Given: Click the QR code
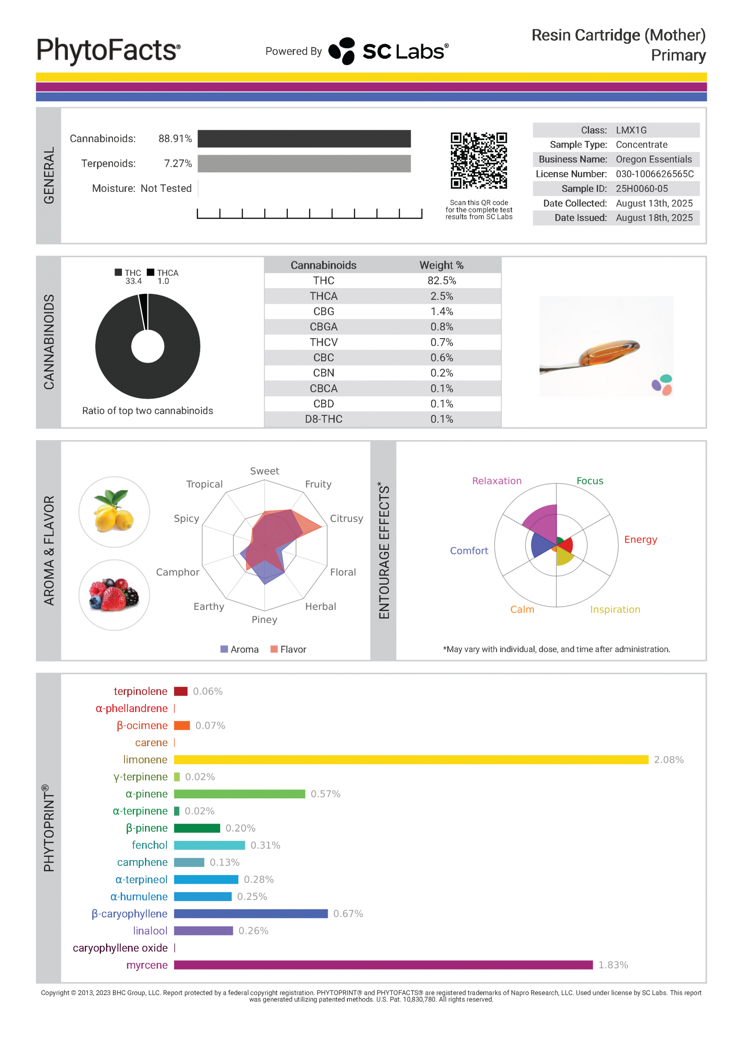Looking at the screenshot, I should pyautogui.click(x=478, y=160).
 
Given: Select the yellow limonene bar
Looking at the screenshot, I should pyautogui.click(x=411, y=760).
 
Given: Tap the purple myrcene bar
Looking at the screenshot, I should pyautogui.click(x=383, y=965).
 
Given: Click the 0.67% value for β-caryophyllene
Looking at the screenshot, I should pyautogui.click(x=348, y=914).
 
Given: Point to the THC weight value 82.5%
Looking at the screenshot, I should pyautogui.click(x=442, y=280).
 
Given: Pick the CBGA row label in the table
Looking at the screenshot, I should pyautogui.click(x=323, y=327).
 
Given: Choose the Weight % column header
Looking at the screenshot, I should pyautogui.click(x=441, y=265).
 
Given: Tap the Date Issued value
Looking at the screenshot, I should pyautogui.click(x=654, y=218).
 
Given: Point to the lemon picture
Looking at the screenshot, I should pyautogui.click(x=114, y=512).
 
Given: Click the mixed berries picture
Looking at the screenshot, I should pyautogui.click(x=114, y=595).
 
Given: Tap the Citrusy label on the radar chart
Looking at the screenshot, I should pyautogui.click(x=346, y=518).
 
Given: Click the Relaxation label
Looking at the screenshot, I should pyautogui.click(x=497, y=481).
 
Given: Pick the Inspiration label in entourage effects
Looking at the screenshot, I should pyautogui.click(x=615, y=609).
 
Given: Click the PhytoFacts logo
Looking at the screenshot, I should pyautogui.click(x=108, y=51).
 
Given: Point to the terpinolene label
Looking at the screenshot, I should pyautogui.click(x=140, y=692).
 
